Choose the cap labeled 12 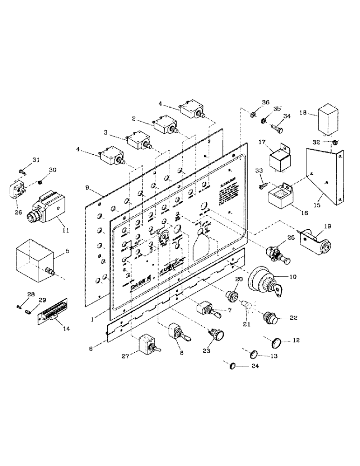click(277, 343)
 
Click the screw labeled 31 click(22, 171)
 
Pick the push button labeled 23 click(217, 335)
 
